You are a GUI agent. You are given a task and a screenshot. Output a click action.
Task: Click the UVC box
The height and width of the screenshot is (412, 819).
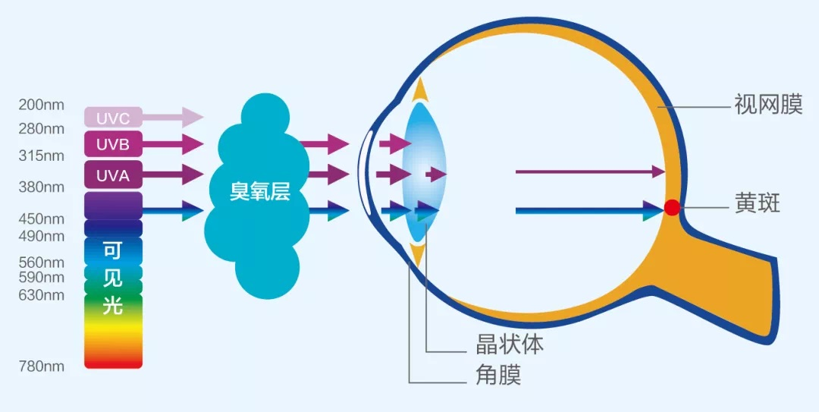point(113,117)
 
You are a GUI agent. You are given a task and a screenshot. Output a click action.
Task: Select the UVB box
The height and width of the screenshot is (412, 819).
point(113,143)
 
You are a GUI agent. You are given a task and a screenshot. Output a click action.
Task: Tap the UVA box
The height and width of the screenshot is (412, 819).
point(113,175)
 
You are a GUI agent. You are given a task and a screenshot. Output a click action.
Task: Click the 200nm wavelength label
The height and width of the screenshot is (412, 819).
point(42,105)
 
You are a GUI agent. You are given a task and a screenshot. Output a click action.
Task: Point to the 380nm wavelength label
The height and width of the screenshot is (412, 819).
point(42,187)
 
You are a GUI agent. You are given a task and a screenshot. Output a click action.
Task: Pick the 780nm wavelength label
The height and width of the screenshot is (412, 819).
point(42,366)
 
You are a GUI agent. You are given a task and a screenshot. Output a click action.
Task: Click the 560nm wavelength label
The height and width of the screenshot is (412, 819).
point(42,262)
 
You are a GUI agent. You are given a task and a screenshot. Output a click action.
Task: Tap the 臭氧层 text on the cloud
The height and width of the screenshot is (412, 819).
point(259,193)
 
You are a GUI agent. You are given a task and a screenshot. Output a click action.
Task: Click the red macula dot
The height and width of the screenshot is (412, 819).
point(672,208)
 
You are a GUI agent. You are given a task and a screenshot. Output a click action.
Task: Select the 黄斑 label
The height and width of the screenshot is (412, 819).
point(758,204)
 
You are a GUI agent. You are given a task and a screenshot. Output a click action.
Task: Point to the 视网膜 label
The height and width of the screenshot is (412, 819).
point(768,105)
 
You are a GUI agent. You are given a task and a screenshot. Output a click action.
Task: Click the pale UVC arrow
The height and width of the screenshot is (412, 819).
point(172,117)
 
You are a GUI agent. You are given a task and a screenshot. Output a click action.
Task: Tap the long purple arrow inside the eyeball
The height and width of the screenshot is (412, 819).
point(590,171)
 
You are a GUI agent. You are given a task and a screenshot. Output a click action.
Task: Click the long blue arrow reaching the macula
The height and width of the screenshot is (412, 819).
point(590,211)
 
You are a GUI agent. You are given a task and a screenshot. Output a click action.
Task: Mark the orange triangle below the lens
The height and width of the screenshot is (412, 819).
point(419,253)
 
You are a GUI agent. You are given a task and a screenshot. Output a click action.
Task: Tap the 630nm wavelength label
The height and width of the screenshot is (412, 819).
point(42,295)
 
